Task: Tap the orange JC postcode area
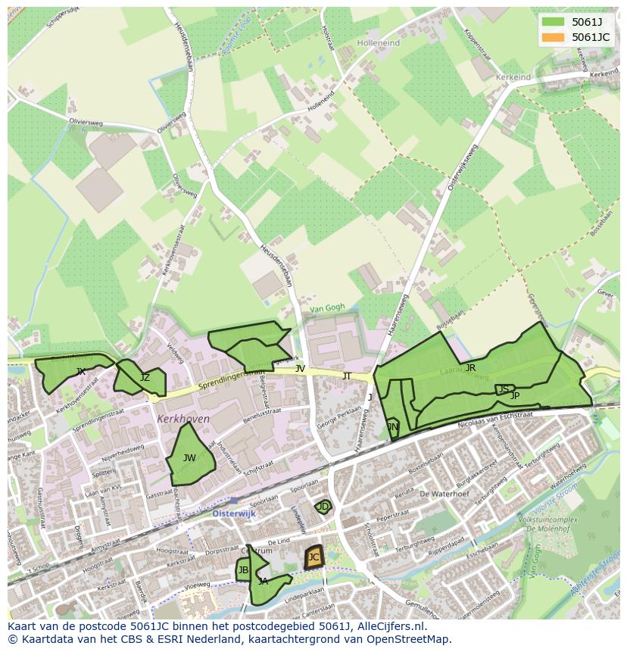[x=313, y=558]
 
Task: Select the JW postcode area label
[x=189, y=457]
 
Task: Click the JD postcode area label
[x=323, y=506]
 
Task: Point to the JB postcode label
[x=243, y=570]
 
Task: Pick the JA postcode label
[x=263, y=582]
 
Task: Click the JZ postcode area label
[x=145, y=378]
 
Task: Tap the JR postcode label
[x=470, y=368]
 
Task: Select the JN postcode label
[x=392, y=427]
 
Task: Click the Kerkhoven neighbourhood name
[x=183, y=419]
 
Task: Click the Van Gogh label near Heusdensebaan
[x=326, y=307]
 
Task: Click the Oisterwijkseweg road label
[x=460, y=179]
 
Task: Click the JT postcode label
[x=347, y=376]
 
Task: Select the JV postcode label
[x=300, y=369]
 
